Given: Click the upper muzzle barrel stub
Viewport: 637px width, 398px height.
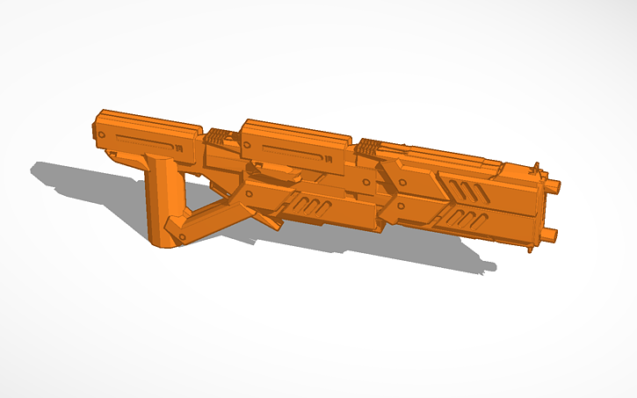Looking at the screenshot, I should (x=554, y=185).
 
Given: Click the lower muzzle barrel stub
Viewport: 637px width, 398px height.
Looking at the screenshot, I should (x=551, y=235).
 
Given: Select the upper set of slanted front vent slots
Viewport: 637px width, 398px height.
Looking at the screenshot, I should (x=467, y=189).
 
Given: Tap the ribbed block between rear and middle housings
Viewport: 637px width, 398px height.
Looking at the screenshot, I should (x=219, y=136).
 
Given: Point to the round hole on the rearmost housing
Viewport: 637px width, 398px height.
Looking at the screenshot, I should (x=102, y=134).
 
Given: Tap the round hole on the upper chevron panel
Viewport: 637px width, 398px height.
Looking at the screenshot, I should (x=401, y=179).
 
